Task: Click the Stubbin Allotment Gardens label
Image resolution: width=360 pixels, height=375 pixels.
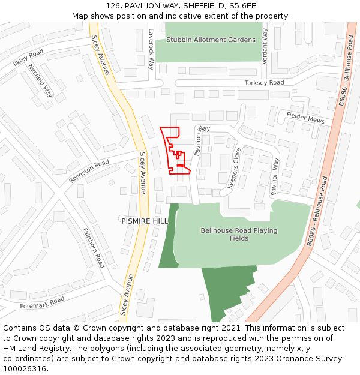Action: (x=211, y=40)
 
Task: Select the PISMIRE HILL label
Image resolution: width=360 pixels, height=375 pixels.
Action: (x=145, y=221)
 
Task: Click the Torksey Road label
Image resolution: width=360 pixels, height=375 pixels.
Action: (x=264, y=83)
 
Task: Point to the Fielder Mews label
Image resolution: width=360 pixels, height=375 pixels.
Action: (x=305, y=118)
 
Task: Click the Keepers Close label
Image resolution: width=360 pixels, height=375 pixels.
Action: (x=233, y=168)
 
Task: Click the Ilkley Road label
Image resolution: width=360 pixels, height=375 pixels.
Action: (x=28, y=59)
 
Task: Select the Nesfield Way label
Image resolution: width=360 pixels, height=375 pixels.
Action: (x=41, y=80)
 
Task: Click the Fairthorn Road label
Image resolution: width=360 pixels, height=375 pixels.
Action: (x=94, y=248)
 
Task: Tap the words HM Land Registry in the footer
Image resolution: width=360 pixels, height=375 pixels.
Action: (x=32, y=349)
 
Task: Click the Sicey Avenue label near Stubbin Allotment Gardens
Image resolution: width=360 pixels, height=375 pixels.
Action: (x=101, y=55)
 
